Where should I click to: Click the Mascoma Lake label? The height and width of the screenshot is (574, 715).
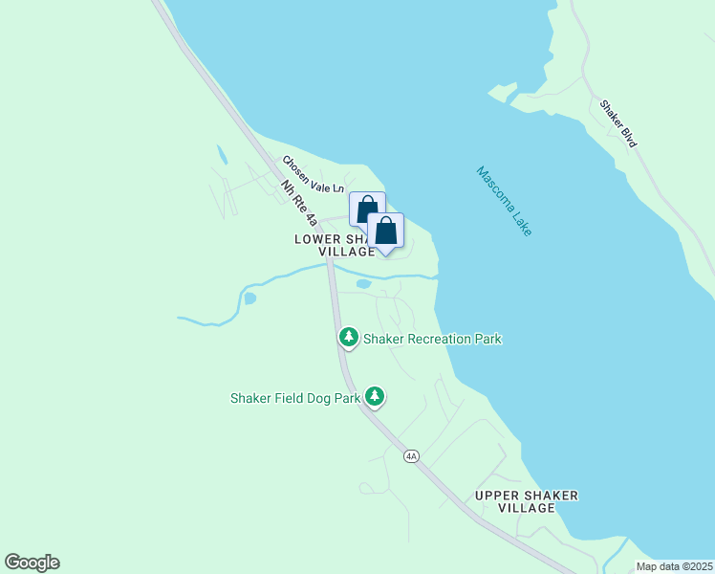[x=504, y=202]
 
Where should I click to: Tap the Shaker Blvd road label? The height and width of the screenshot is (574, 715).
[x=618, y=123]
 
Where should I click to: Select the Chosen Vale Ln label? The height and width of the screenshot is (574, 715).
[x=312, y=175]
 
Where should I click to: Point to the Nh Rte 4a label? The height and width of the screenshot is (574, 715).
[x=299, y=204]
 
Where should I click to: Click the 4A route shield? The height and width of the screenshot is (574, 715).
[x=411, y=456]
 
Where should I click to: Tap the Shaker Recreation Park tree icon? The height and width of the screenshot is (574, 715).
[x=349, y=338]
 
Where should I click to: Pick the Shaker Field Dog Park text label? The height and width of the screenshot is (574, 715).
[x=295, y=398]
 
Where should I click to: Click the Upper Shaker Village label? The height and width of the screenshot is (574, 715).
[x=527, y=501]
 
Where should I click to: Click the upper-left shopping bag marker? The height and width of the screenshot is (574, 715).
[x=366, y=210]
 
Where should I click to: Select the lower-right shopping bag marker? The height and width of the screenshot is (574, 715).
[x=385, y=231]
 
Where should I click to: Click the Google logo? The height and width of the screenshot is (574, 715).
[x=32, y=563]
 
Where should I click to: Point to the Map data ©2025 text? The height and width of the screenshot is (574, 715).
[x=674, y=566]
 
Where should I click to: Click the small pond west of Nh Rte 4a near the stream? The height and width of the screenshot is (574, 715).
[x=249, y=298]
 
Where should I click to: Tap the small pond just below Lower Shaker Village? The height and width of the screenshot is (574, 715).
[x=363, y=284]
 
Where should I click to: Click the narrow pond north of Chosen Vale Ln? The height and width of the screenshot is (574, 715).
[x=222, y=155]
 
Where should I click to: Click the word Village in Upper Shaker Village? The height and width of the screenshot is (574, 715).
[x=527, y=508]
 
